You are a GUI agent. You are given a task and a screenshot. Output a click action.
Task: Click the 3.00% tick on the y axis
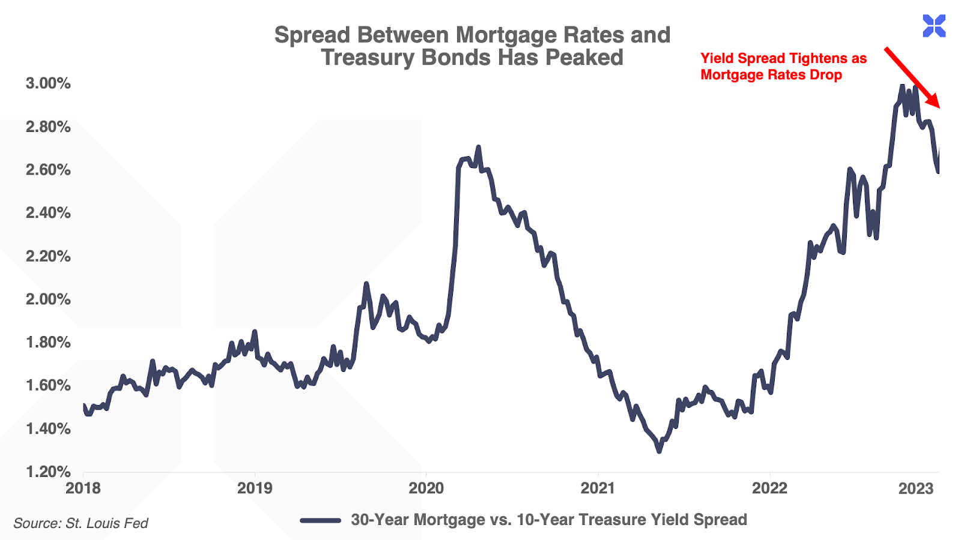click(x=48, y=83)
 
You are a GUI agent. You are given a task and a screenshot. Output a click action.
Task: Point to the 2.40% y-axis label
click(x=48, y=213)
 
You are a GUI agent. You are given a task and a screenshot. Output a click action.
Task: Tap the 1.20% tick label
click(x=48, y=472)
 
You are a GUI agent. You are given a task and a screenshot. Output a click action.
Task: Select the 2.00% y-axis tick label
click(x=48, y=299)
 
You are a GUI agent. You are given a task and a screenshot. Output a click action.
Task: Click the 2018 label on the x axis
click(x=83, y=488)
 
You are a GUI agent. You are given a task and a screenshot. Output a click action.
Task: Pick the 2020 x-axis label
click(x=426, y=488)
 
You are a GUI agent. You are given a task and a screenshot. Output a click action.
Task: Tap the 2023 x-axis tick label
click(x=916, y=488)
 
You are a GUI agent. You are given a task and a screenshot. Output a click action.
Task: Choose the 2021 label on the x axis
click(x=598, y=488)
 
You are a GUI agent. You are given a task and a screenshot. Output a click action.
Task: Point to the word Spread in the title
click(x=312, y=35)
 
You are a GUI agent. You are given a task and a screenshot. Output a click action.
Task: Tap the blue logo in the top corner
click(x=934, y=26)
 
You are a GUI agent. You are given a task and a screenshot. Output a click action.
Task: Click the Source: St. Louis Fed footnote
click(x=80, y=523)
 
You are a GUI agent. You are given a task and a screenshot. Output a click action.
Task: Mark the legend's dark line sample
click(x=321, y=520)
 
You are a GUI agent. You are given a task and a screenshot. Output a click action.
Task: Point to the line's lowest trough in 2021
click(x=659, y=450)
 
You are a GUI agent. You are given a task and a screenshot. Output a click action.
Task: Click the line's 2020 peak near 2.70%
click(x=478, y=147)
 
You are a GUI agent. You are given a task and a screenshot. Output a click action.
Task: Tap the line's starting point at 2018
click(x=84, y=406)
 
